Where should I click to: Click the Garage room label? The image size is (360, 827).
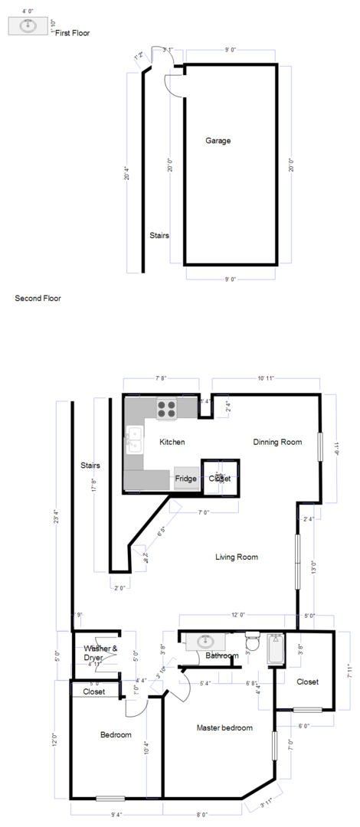(218, 141)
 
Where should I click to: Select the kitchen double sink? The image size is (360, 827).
(133, 440)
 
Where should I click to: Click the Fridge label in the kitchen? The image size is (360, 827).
(185, 479)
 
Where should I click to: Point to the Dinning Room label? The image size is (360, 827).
(277, 442)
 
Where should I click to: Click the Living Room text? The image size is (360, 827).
(236, 557)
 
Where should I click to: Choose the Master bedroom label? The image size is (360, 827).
(224, 727)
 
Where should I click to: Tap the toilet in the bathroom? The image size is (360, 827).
(253, 642)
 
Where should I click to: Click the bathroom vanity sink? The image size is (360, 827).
(205, 641)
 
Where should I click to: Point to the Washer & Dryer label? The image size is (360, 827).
(100, 653)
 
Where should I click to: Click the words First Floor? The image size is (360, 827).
(72, 33)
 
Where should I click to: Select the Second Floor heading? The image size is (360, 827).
(38, 298)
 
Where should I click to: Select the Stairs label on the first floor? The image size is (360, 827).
(159, 236)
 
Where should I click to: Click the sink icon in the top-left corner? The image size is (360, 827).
(29, 26)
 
